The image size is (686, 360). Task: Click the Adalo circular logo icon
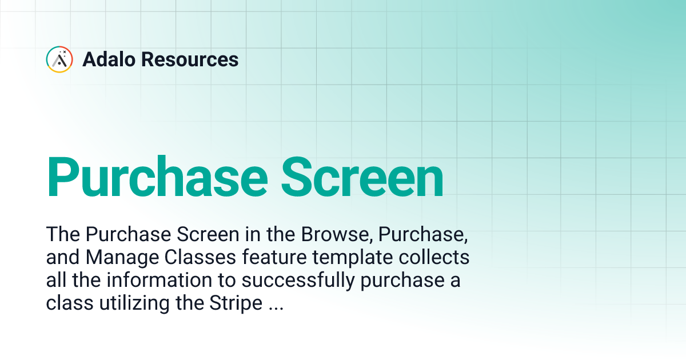pyautogui.click(x=59, y=59)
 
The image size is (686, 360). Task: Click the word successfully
pyautogui.click(x=292, y=281)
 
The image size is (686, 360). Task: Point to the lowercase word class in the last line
pyautogui.click(x=69, y=303)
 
